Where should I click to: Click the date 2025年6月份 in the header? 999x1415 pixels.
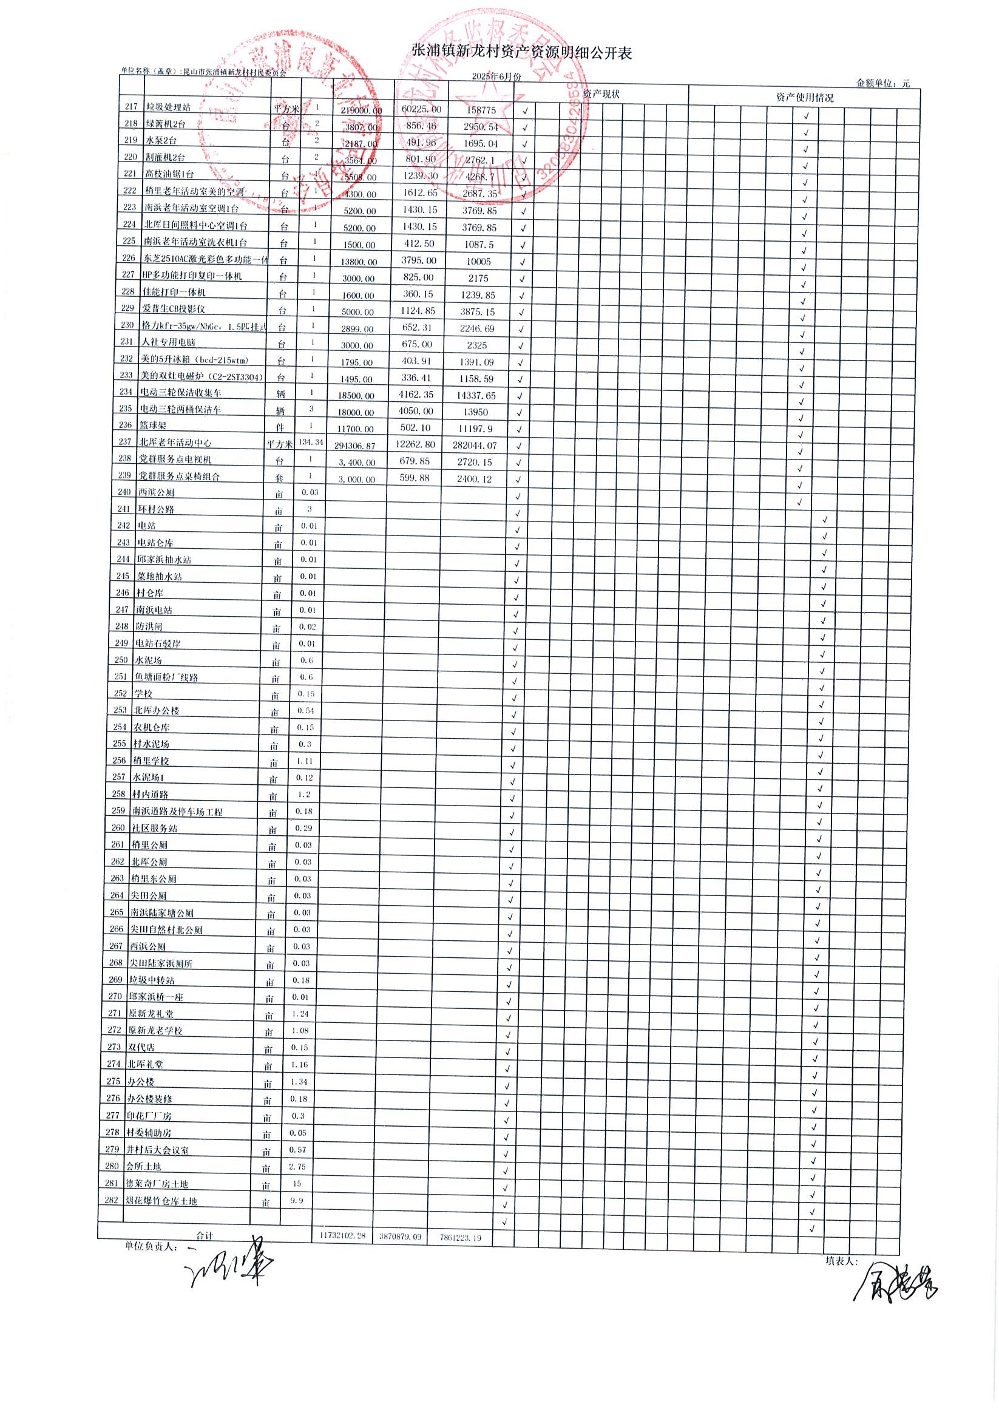[496, 77]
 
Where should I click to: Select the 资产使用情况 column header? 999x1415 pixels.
[804, 97]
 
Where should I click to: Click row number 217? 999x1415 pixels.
[130, 107]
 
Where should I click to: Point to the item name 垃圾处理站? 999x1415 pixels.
[168, 107]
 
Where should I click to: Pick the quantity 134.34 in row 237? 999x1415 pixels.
[311, 442]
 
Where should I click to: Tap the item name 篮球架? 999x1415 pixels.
[154, 426]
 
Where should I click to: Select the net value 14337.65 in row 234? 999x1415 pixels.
[478, 396]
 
